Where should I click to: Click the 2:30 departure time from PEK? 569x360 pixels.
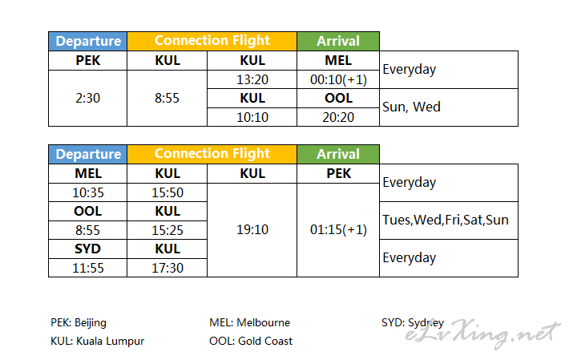(x=87, y=99)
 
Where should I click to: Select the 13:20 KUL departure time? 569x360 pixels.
(x=252, y=79)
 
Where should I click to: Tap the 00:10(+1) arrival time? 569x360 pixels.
(x=338, y=79)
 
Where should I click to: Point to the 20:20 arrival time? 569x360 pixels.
(x=338, y=117)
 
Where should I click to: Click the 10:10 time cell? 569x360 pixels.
(x=252, y=117)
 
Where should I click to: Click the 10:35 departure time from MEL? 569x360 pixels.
(x=88, y=192)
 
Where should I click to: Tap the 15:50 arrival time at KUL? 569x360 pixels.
(x=167, y=192)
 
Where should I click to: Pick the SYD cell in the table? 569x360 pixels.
(x=88, y=249)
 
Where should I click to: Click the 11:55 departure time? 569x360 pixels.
(x=88, y=268)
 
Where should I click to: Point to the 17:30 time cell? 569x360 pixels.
(x=167, y=268)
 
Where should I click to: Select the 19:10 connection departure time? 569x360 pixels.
(x=252, y=229)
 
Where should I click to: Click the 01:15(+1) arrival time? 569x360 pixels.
(x=338, y=229)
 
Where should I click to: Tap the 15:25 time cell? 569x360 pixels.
(x=167, y=230)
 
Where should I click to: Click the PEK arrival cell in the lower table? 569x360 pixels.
(x=338, y=173)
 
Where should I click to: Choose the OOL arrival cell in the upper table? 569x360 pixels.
(x=338, y=98)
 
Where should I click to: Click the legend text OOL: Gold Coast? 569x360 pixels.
(x=251, y=341)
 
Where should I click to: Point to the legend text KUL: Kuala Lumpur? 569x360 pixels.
(x=97, y=341)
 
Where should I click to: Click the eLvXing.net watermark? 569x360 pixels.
(x=482, y=334)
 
